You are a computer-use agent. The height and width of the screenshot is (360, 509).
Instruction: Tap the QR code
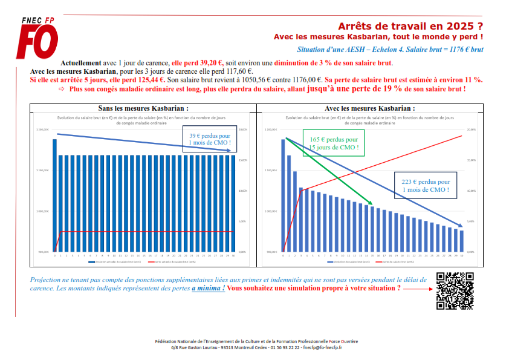[454, 291]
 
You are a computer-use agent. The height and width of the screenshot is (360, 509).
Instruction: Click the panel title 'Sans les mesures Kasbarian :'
[143, 108]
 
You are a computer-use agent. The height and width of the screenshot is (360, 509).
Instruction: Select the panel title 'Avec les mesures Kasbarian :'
[369, 108]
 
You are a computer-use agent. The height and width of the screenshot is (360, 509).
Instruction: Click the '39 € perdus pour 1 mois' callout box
[209, 140]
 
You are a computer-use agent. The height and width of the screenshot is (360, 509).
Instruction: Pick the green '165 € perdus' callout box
[334, 143]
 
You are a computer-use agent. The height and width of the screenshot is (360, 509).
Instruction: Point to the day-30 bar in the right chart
[462, 241]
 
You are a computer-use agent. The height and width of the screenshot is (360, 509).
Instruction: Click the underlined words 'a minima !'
[209, 289]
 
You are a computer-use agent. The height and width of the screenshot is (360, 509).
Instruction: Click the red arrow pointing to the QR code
[417, 289]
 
